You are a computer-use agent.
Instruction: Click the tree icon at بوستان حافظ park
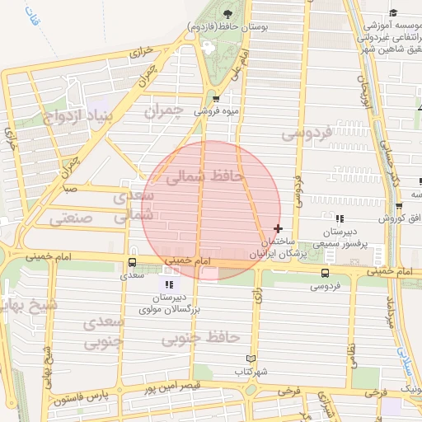click(227, 13)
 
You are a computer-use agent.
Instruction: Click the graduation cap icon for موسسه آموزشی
click(393, 13)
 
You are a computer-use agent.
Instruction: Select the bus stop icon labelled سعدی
click(133, 263)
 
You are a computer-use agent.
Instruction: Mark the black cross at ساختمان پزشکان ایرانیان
click(278, 228)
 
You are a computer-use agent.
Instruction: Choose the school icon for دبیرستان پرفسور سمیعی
click(340, 218)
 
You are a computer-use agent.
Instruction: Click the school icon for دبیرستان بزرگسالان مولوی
click(170, 284)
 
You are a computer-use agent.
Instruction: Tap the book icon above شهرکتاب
click(251, 359)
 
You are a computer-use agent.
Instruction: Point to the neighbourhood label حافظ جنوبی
click(199, 338)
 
